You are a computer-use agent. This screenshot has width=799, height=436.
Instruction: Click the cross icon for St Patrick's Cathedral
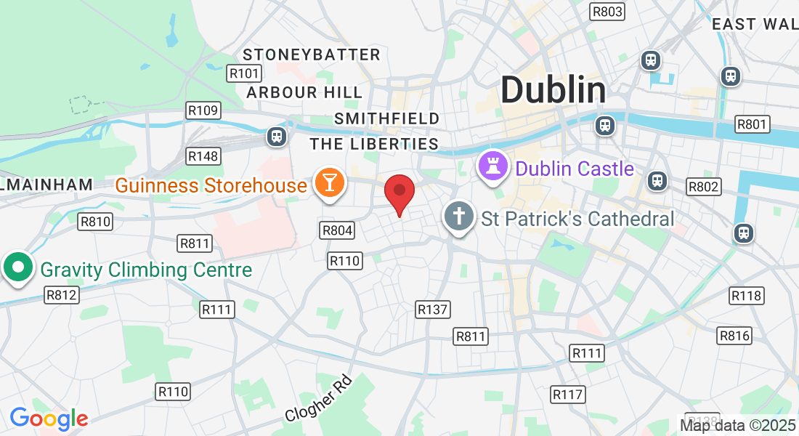(x=459, y=217)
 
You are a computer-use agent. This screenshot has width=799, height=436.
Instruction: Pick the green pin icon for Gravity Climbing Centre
(x=18, y=268)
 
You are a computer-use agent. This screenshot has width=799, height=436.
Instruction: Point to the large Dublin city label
(x=553, y=90)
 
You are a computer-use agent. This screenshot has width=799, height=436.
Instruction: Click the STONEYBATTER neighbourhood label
(x=312, y=54)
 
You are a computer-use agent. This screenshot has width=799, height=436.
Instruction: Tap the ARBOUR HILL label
(x=304, y=92)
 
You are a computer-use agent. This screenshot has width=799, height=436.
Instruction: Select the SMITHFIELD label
(x=387, y=118)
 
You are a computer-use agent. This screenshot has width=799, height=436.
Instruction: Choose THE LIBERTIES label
(x=375, y=144)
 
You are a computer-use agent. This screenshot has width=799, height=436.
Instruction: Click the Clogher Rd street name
(x=319, y=399)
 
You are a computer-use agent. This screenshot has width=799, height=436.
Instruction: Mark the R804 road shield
(x=337, y=231)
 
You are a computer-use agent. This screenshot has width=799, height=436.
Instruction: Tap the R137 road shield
(x=433, y=310)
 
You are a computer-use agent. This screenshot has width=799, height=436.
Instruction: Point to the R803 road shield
(x=607, y=11)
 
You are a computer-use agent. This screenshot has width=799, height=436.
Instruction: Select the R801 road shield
(x=752, y=124)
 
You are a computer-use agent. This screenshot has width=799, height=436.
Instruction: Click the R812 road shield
(x=62, y=294)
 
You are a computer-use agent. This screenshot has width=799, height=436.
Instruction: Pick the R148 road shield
(x=203, y=156)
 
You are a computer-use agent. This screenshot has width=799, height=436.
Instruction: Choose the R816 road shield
(x=734, y=335)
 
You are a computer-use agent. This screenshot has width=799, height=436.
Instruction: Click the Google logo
(x=49, y=419)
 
